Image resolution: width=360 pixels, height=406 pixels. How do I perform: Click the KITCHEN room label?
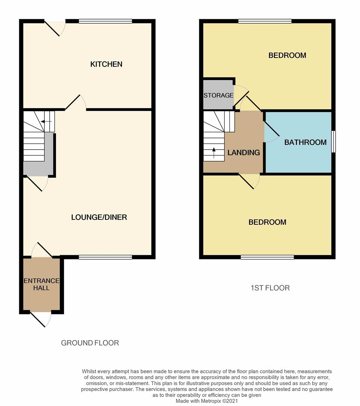(106, 64)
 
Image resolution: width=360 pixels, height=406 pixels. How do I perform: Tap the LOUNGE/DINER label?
(99, 217)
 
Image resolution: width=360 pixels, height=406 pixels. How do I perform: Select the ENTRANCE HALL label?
(41, 284)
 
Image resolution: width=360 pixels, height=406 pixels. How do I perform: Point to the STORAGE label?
(219, 95)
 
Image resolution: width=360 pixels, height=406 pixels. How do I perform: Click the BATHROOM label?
(305, 142)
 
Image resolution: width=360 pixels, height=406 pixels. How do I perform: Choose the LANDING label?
(244, 153)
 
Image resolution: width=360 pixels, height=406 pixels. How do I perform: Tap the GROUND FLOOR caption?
(90, 343)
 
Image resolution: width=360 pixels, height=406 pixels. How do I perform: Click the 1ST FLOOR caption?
(270, 288)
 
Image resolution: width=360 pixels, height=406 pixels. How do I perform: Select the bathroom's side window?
(334, 142)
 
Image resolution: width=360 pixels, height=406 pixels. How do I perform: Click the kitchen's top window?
(105, 21)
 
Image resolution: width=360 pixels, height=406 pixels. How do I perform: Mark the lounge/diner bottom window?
(105, 257)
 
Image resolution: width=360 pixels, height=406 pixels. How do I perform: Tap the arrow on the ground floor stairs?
(46, 121)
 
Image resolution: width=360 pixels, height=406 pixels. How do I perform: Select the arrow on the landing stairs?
(214, 153)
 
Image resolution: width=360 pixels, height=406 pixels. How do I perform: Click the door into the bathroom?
(271, 132)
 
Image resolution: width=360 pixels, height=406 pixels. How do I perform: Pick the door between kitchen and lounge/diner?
(75, 103)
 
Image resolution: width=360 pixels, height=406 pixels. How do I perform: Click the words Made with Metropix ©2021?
(207, 401)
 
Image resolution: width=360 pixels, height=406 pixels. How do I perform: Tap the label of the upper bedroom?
(287, 55)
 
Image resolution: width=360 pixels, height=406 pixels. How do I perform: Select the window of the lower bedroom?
(267, 257)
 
